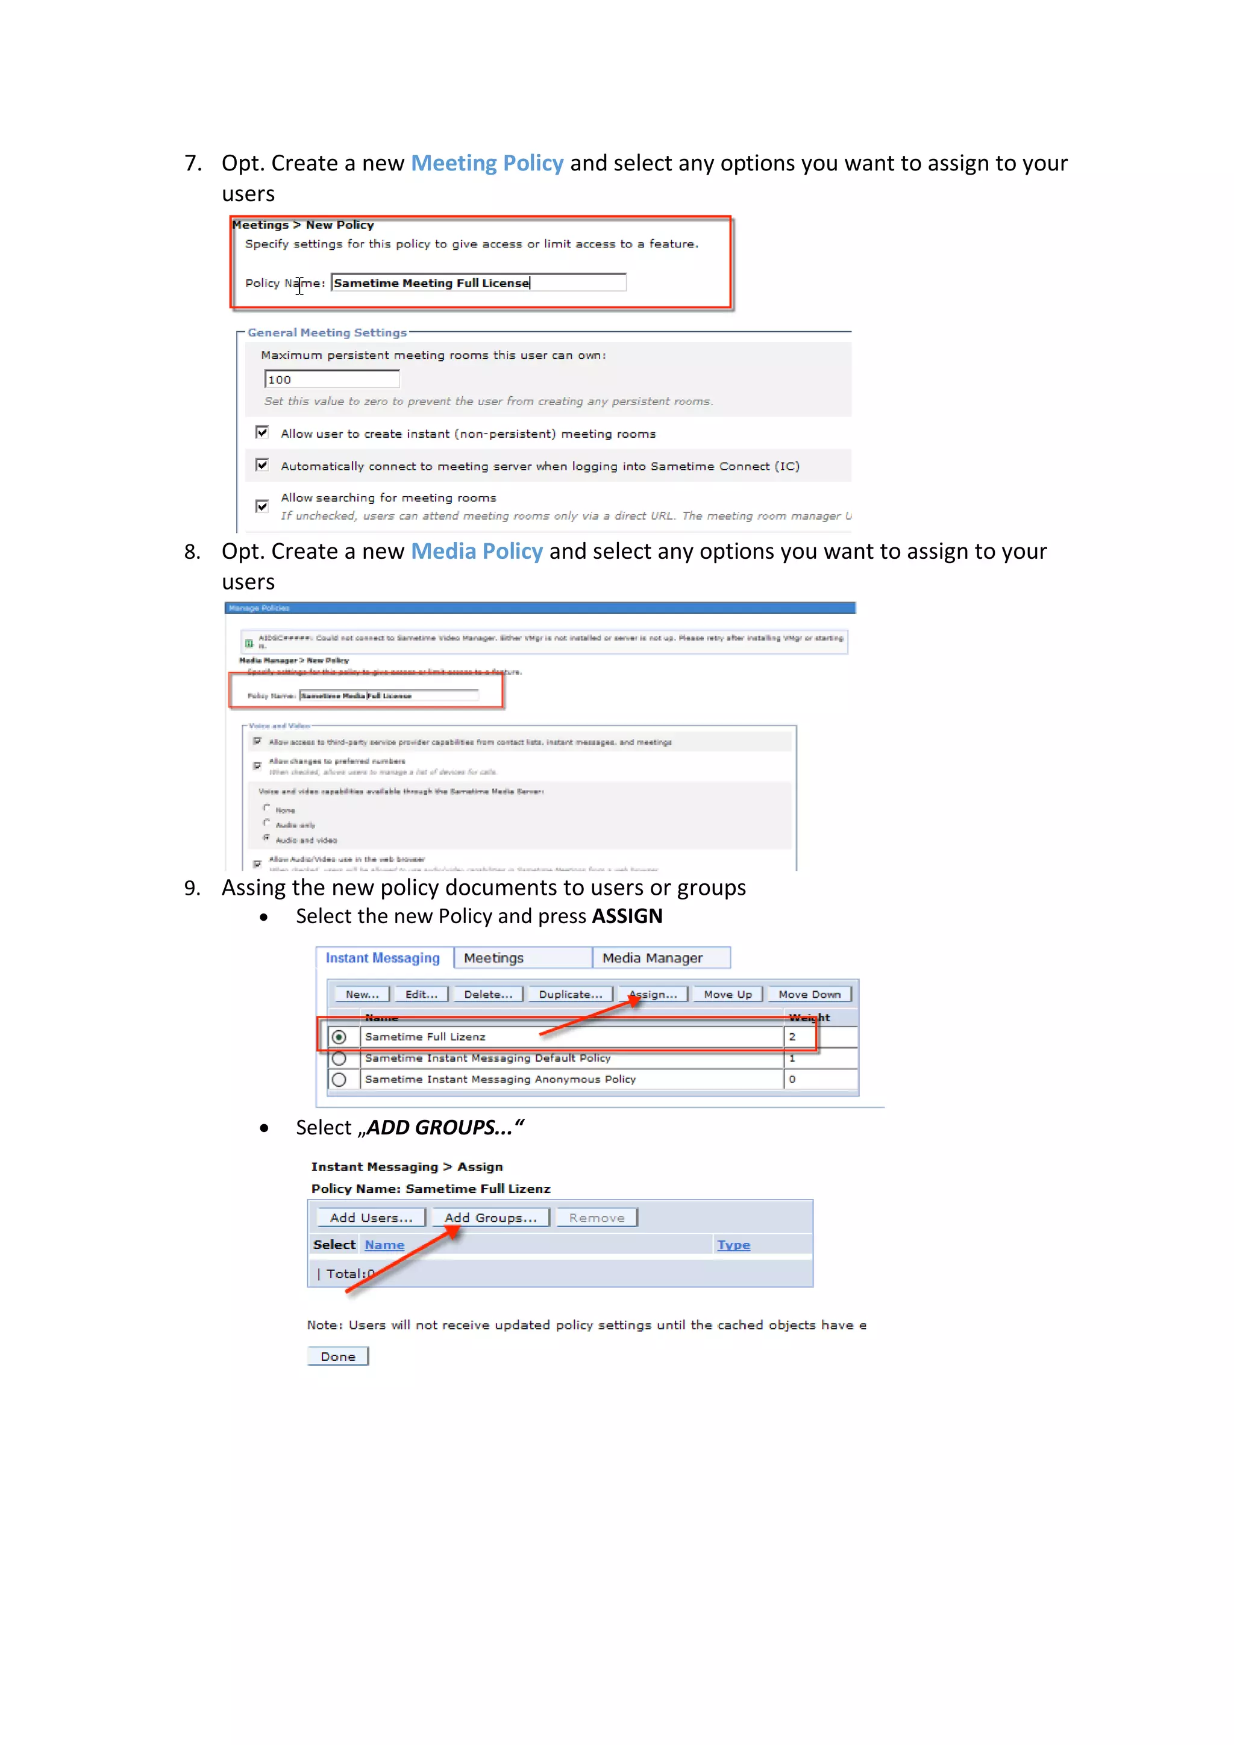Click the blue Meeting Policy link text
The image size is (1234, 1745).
487,163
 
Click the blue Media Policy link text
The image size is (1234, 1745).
477,551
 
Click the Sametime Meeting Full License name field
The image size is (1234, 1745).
478,283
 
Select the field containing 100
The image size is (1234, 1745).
331,379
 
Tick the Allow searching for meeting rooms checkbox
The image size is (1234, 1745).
262,506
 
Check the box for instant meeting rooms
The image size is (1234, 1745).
262,432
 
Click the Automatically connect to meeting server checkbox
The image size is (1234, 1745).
262,465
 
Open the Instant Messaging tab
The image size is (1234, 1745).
383,957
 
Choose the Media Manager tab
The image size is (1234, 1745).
653,957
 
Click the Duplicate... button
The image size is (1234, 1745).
570,994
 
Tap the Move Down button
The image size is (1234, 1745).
809,994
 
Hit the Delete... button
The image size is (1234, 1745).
488,994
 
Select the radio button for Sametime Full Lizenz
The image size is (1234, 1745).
339,1037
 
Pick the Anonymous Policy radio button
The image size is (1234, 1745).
339,1079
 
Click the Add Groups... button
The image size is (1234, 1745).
490,1218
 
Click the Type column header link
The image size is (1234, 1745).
733,1245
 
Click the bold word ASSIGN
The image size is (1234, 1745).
627,916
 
